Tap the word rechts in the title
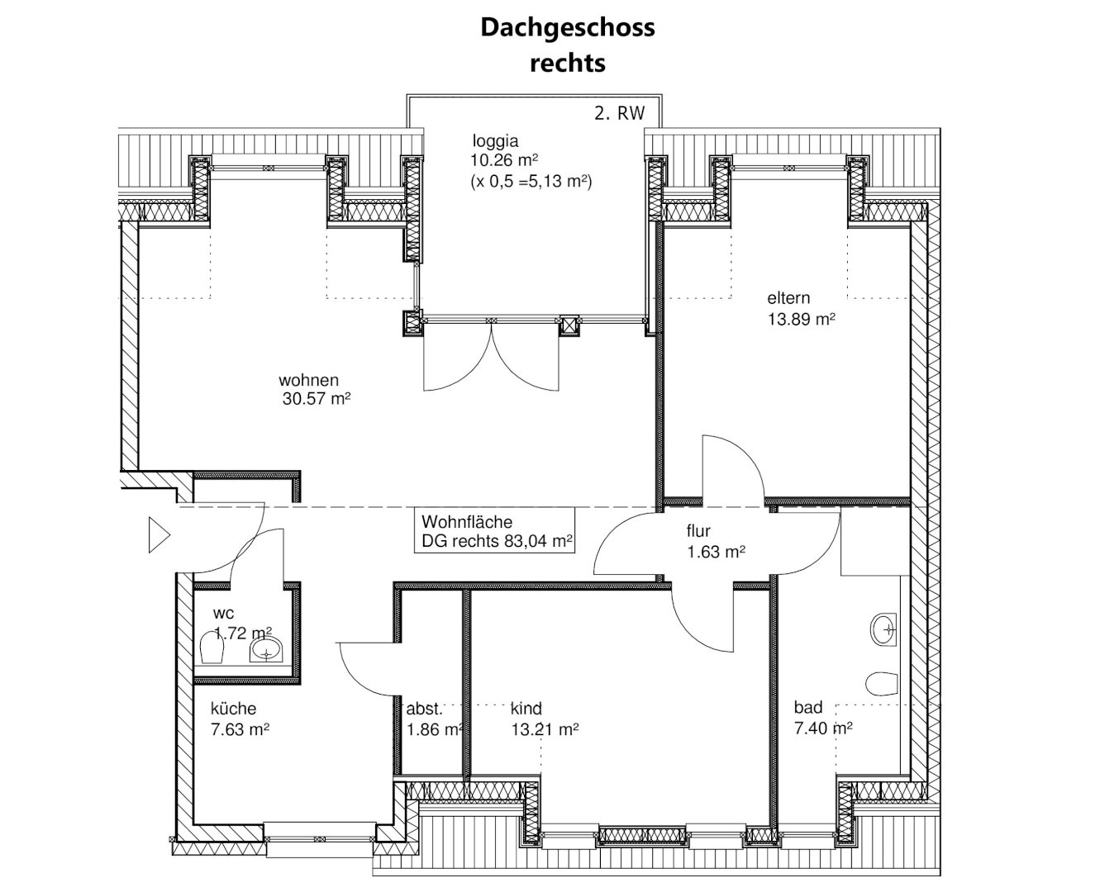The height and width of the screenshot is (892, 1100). (x=568, y=64)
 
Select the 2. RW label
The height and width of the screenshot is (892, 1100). (x=619, y=113)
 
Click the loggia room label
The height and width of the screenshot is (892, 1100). (x=495, y=141)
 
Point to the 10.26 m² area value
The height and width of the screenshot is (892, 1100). (x=504, y=160)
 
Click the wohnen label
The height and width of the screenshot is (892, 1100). (x=309, y=380)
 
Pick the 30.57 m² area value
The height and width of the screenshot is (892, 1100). (x=317, y=399)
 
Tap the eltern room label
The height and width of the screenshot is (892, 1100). (x=788, y=298)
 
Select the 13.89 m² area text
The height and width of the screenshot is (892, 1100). (x=801, y=320)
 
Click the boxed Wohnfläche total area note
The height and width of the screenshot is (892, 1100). (x=494, y=530)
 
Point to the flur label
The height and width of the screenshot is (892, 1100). (x=698, y=530)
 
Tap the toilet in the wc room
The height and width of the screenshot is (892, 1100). (x=212, y=649)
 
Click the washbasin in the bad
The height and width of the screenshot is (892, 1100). (x=883, y=630)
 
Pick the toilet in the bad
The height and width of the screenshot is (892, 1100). (x=882, y=684)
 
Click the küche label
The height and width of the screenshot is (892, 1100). (x=233, y=709)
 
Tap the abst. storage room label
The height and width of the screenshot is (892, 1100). (x=425, y=709)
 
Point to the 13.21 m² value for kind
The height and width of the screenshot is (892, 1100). (x=545, y=729)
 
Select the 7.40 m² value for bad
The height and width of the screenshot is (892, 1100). (x=823, y=728)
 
